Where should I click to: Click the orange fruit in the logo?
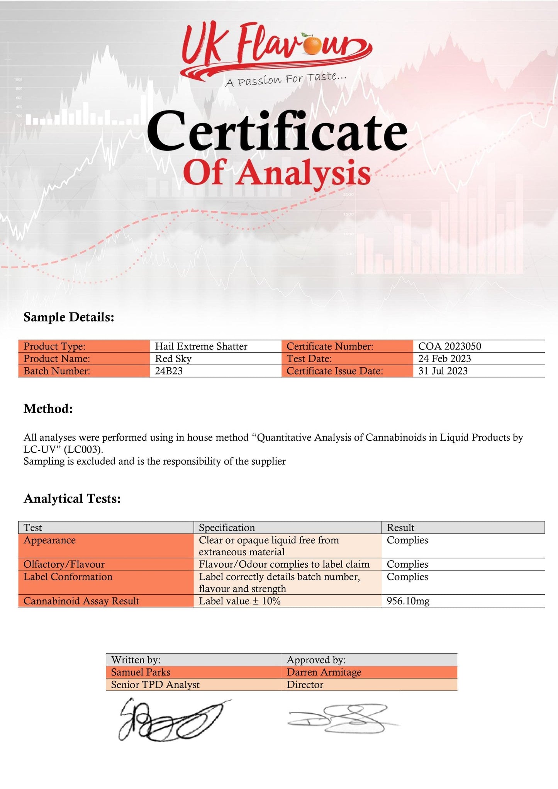tap(312, 45)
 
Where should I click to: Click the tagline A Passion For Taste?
tap(285, 80)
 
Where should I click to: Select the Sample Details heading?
tap(69, 317)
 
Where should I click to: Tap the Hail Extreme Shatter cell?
tap(201, 346)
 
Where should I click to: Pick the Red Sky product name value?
tap(173, 358)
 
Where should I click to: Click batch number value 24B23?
tap(169, 371)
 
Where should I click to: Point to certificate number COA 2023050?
tap(449, 346)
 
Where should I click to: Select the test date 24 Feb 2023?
tap(444, 358)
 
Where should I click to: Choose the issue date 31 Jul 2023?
tap(443, 371)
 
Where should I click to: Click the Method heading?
tap(48, 409)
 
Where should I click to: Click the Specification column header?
tap(227, 528)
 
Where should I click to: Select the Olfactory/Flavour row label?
tap(64, 564)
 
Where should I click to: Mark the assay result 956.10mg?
tap(408, 601)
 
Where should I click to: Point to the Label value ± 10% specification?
tap(239, 601)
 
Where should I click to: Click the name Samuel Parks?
tap(141, 672)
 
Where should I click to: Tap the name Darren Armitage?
tap(324, 672)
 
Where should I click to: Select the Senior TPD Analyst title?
tap(155, 685)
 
